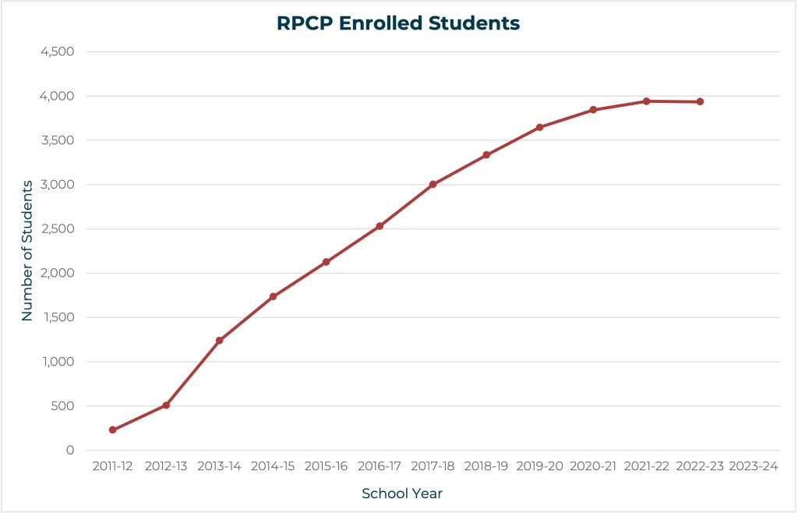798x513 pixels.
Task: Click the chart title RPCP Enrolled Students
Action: (398, 23)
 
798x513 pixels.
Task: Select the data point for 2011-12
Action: (113, 430)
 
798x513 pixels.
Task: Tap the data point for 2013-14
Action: (220, 341)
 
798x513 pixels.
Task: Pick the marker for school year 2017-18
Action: (433, 185)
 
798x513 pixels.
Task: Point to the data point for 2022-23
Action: (700, 102)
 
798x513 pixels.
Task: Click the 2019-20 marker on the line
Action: (539, 127)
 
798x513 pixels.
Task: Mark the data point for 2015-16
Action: (326, 262)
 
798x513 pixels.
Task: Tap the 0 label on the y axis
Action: (70, 451)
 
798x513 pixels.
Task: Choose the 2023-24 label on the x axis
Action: (753, 466)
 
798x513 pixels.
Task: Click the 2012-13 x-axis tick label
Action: (166, 466)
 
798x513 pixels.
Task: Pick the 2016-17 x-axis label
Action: (380, 466)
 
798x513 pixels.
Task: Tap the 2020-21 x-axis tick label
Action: (593, 466)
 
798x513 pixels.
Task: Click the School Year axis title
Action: (402, 494)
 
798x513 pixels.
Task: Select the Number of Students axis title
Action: (27, 251)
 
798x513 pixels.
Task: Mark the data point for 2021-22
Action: (646, 101)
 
